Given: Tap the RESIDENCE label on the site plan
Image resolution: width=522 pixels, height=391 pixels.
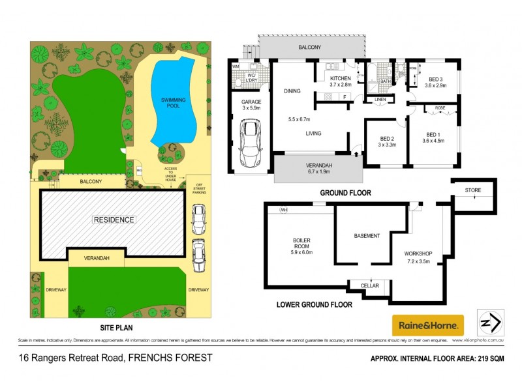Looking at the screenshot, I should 114,220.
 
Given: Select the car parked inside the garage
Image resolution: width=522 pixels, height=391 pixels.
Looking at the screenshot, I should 250,144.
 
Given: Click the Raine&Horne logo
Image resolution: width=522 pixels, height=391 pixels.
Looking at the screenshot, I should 427,325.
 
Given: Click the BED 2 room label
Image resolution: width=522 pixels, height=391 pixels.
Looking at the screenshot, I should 387,139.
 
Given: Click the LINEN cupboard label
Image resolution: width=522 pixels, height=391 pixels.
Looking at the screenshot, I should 380,100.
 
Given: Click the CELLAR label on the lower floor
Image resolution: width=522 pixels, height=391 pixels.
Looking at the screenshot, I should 369,285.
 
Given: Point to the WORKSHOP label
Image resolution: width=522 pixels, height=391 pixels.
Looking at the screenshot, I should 419,253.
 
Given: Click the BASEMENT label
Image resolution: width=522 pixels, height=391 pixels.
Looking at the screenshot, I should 367,236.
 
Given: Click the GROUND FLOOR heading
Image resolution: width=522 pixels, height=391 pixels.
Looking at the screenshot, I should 345,193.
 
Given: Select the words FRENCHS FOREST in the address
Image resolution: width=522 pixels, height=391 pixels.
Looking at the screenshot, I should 171,357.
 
